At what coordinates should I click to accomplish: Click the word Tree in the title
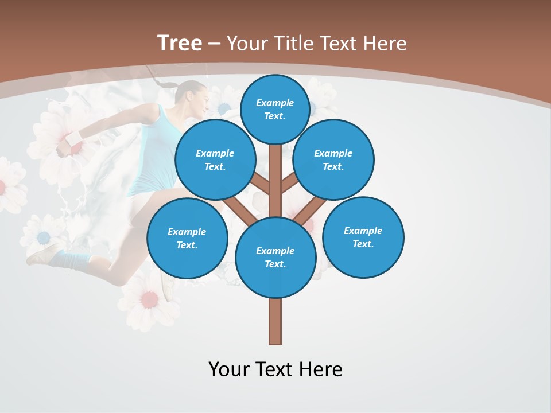pyautogui.click(x=180, y=44)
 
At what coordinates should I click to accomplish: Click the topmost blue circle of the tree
pyautogui.click(x=275, y=109)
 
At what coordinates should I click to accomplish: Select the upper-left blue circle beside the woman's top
pyautogui.click(x=215, y=159)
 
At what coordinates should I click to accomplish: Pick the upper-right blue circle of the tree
pyautogui.click(x=333, y=159)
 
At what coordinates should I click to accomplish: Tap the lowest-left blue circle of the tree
pyautogui.click(x=187, y=238)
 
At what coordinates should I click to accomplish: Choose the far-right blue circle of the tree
pyautogui.click(x=363, y=237)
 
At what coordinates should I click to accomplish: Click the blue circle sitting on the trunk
pyautogui.click(x=275, y=257)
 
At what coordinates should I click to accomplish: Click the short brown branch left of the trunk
pyautogui.click(x=261, y=185)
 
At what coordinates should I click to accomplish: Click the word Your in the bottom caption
pyautogui.click(x=228, y=369)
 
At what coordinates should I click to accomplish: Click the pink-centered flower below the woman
pyautogui.click(x=149, y=298)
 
